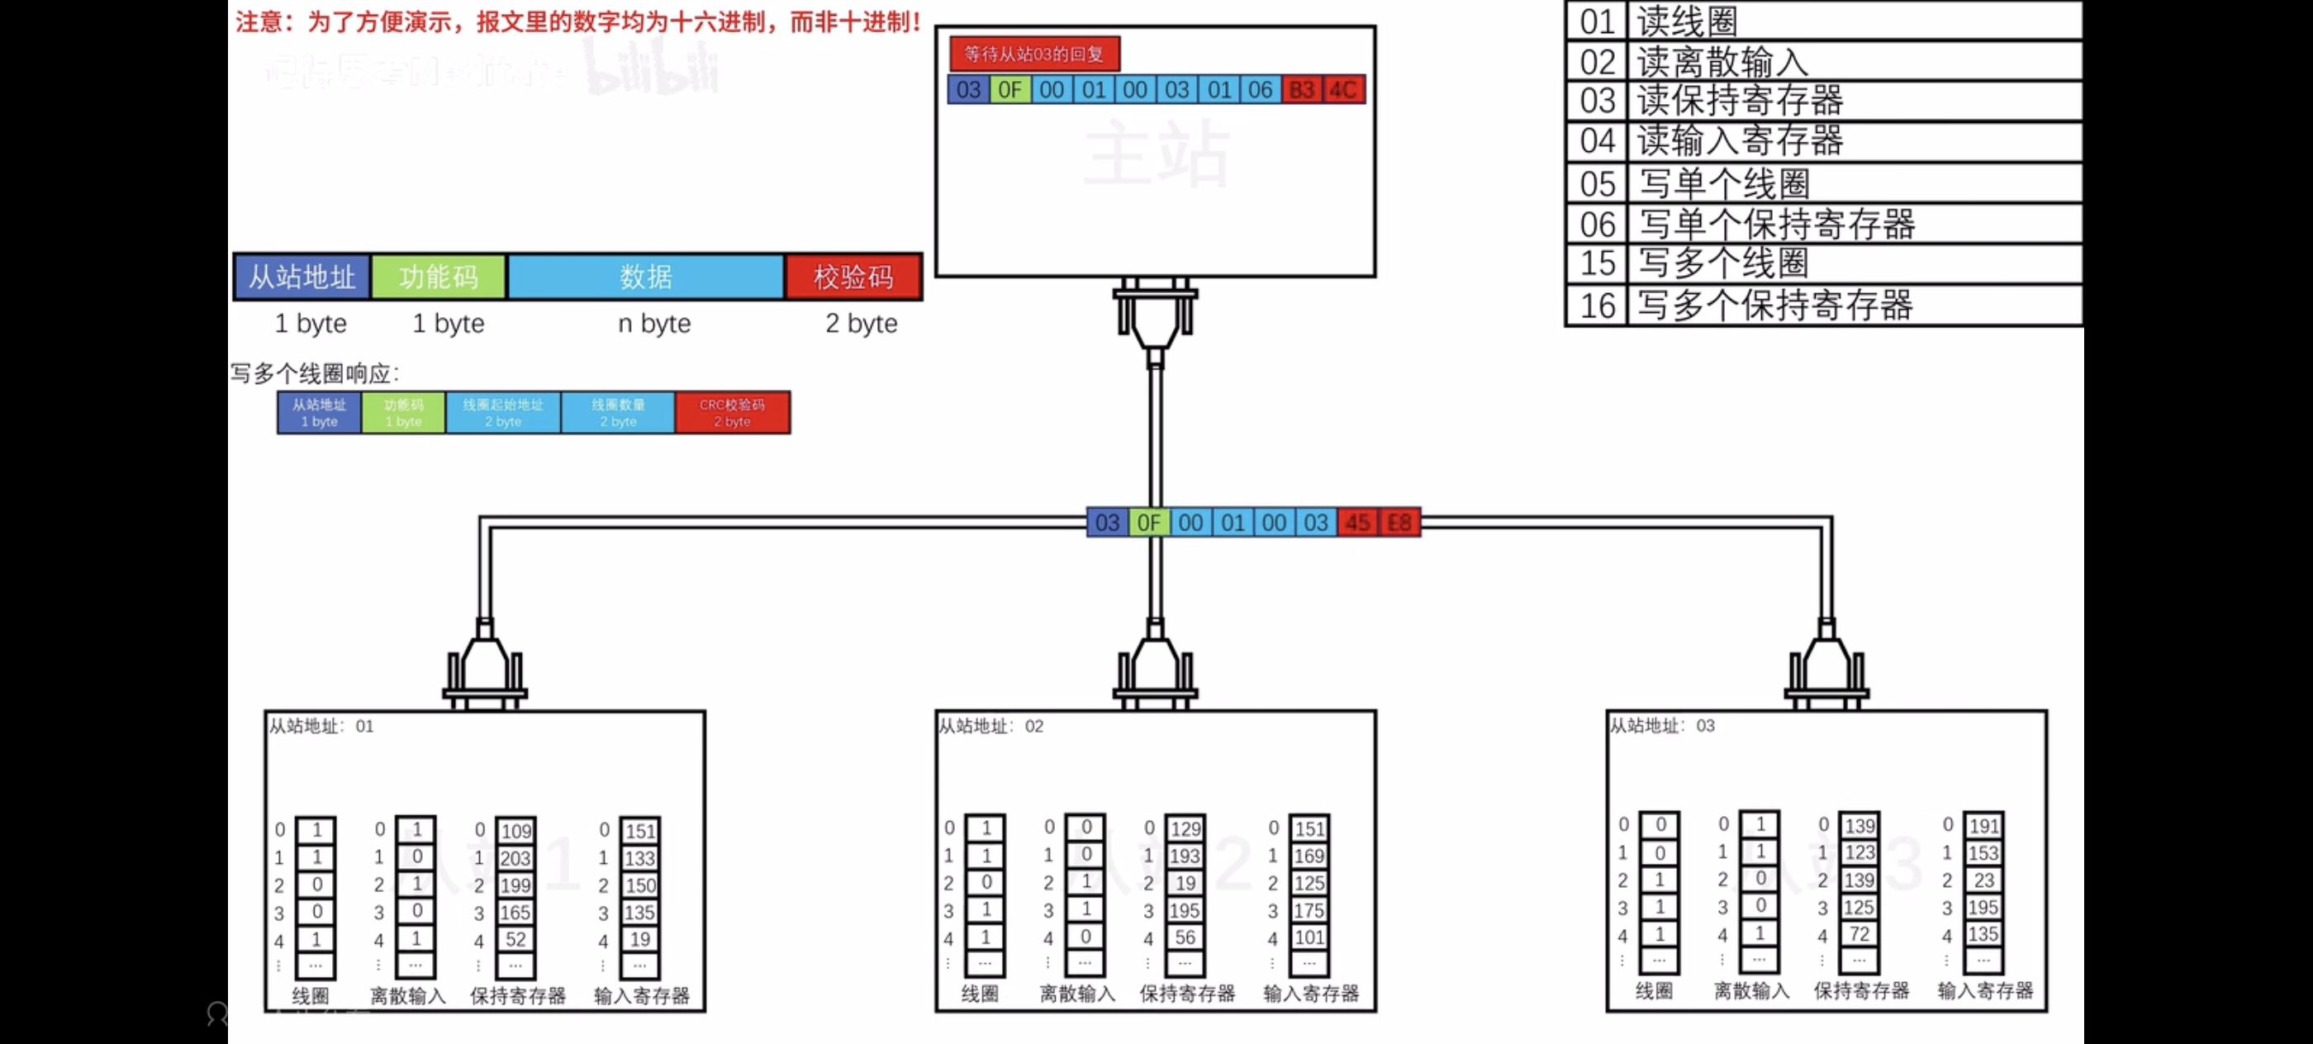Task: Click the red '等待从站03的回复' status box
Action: (1033, 54)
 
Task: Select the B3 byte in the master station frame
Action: (1301, 90)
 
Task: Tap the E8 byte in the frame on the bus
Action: (1399, 523)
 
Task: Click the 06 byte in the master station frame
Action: (1260, 90)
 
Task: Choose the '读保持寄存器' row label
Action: (1739, 101)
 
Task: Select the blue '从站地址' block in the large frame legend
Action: (302, 277)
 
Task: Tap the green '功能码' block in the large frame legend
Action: (438, 277)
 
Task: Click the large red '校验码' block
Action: (853, 277)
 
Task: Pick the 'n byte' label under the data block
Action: (653, 323)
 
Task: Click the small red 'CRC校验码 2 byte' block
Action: (732, 413)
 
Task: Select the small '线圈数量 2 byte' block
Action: (618, 413)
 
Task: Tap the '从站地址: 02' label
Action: (990, 726)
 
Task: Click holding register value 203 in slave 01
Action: (515, 858)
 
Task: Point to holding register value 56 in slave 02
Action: (1185, 937)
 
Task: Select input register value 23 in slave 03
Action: (1983, 880)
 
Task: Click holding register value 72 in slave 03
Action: (1859, 934)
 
